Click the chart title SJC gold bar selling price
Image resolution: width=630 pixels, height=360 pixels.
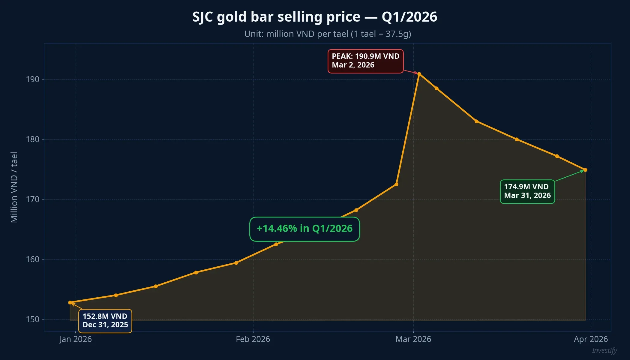coord(315,17)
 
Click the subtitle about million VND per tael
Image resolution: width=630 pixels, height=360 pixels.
coord(328,34)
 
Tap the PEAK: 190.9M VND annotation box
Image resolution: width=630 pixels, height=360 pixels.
coord(365,61)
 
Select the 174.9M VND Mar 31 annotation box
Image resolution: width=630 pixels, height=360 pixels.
coord(527,191)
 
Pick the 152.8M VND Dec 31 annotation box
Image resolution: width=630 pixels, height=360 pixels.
coord(105,321)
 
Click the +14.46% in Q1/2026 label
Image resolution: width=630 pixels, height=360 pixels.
coord(304,229)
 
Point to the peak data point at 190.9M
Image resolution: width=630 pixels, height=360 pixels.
coord(419,74)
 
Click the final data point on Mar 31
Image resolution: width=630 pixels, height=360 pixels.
coord(585,170)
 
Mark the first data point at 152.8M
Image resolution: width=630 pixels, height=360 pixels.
coord(70,302)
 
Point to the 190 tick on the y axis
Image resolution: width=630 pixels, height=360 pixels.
coord(33,79)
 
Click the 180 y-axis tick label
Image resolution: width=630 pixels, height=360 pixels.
coord(33,139)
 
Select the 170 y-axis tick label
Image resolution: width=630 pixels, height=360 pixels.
coord(33,199)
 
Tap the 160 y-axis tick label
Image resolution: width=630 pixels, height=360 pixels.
coord(33,259)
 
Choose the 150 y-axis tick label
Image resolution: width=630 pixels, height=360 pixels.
coord(33,319)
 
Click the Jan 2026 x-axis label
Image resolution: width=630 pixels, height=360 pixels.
coord(76,339)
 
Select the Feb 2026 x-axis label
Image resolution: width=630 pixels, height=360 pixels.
coord(253,339)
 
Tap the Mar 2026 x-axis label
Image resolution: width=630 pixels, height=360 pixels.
coord(413,339)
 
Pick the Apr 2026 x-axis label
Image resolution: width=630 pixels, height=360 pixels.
coord(591,339)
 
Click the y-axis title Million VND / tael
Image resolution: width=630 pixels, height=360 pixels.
coord(14,187)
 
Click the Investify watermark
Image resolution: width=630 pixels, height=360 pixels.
coord(604,350)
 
